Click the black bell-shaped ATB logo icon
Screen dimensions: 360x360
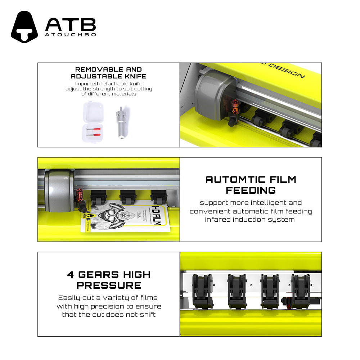point(24,27)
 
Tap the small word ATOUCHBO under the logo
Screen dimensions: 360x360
point(71,35)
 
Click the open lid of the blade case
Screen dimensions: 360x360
point(93,112)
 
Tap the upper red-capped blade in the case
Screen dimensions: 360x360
point(94,130)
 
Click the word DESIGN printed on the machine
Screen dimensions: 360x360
point(287,71)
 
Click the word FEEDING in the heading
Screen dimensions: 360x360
point(251,190)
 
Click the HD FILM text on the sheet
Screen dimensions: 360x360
point(157,215)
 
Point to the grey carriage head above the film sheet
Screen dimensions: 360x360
point(59,190)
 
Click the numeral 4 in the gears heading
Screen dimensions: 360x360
point(71,275)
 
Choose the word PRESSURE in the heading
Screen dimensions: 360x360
point(109,285)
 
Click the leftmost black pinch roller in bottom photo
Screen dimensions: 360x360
point(203,291)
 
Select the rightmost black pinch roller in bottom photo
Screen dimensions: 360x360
point(301,291)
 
